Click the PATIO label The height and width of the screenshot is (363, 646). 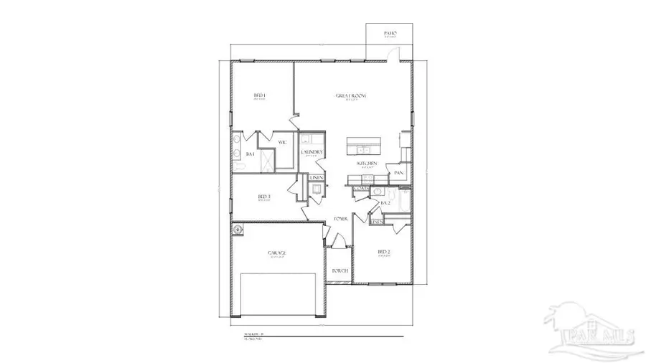(x=390, y=33)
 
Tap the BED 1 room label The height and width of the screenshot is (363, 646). (x=260, y=95)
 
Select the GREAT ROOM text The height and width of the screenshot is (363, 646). (x=352, y=95)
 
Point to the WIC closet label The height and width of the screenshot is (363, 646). (x=283, y=143)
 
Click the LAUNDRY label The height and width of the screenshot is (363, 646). (x=311, y=153)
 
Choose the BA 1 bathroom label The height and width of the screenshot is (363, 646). (x=251, y=154)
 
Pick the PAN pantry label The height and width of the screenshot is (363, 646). (x=398, y=173)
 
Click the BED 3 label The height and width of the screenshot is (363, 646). (x=263, y=197)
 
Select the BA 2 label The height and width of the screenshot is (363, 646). (x=385, y=203)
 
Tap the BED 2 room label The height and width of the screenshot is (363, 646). (x=384, y=252)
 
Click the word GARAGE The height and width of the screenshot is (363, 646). (x=277, y=253)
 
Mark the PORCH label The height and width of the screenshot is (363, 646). (x=340, y=270)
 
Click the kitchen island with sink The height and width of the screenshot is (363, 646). (x=365, y=146)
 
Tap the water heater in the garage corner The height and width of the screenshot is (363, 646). (x=238, y=230)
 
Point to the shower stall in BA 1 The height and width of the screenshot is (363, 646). (x=266, y=159)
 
